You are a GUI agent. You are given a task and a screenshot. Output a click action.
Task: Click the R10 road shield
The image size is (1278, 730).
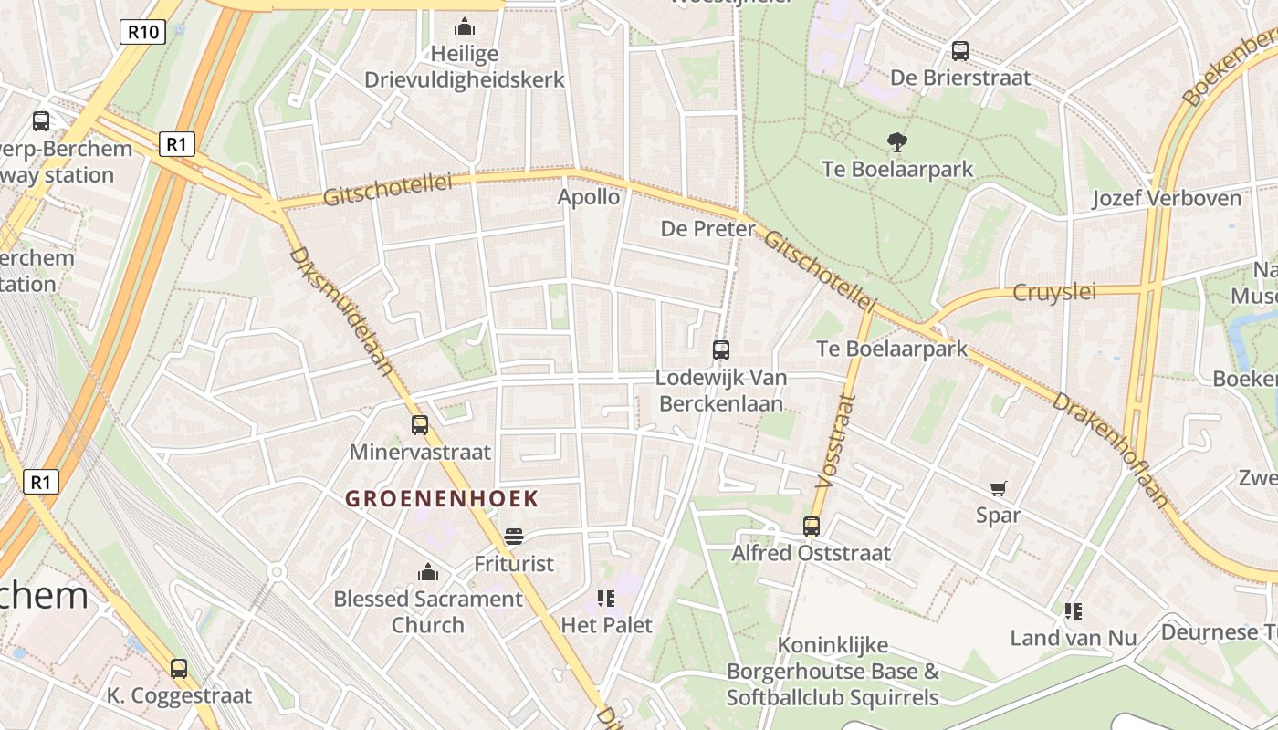point(142,33)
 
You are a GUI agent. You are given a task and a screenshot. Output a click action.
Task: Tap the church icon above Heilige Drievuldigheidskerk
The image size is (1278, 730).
point(465,26)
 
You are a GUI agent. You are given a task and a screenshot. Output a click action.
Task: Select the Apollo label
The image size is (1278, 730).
point(589,197)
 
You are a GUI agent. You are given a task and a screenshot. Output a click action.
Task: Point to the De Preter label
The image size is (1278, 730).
point(708,228)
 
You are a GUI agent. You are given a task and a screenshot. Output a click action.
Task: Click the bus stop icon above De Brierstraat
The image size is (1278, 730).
point(959,51)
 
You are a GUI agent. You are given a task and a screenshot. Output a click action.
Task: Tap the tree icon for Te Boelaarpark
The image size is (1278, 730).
point(897,141)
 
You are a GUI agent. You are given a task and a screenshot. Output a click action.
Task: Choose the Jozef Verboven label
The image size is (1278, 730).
point(1167,198)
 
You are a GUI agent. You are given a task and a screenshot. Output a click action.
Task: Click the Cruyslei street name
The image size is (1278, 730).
point(1054,293)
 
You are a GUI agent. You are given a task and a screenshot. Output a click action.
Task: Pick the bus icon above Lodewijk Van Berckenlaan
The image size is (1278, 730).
point(721,349)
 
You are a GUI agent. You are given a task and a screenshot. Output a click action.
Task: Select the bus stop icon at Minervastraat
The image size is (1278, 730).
point(420,425)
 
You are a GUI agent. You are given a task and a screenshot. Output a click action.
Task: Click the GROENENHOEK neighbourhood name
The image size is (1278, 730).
point(442,499)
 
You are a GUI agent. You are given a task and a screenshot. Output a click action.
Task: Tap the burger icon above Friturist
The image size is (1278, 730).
point(514,537)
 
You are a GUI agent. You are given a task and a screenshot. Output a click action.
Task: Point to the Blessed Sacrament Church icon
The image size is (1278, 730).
point(427,572)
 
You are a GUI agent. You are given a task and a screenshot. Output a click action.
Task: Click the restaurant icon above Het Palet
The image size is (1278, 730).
point(606,599)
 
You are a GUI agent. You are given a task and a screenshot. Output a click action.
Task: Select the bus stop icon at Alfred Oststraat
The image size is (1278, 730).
point(812,526)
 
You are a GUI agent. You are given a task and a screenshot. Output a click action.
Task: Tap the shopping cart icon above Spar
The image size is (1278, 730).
point(998,489)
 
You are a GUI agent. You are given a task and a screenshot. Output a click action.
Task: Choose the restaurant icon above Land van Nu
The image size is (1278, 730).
point(1073,610)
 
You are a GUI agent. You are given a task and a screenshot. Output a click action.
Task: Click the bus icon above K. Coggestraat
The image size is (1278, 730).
point(179,669)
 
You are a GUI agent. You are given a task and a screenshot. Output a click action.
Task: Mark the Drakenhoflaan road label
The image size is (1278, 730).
point(1109,448)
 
